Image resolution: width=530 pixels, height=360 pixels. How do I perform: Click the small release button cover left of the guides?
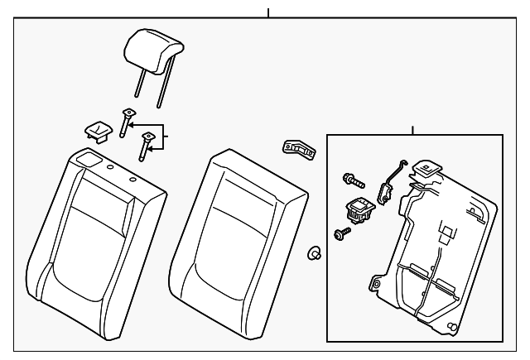99,130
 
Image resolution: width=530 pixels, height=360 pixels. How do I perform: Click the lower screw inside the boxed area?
340,235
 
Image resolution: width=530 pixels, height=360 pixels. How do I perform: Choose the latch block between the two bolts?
360,210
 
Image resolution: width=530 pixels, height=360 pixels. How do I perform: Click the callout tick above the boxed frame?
412,130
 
